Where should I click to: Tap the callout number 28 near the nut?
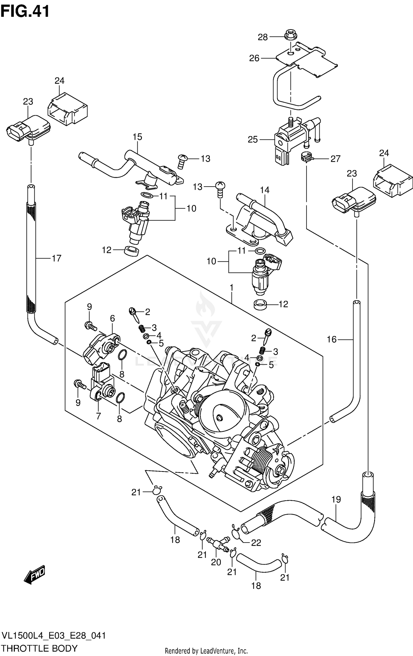tap(262, 37)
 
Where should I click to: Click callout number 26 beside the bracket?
tap(254, 58)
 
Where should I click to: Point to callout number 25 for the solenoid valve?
tap(252, 140)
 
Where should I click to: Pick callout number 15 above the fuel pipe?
tap(137, 137)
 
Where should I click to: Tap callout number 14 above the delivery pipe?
tap(264, 190)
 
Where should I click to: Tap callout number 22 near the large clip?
tap(256, 543)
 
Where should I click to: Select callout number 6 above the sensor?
tap(112, 318)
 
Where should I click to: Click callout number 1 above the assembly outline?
tap(232, 288)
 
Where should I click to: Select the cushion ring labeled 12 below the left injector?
tap(132, 251)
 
